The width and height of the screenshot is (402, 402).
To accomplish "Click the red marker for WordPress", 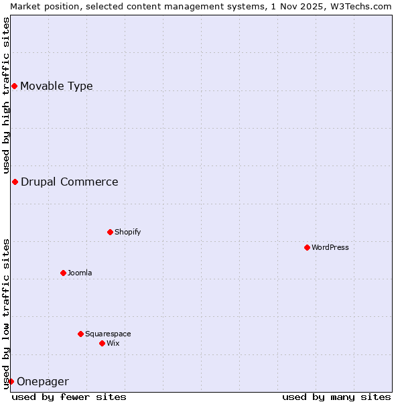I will pyautogui.click(x=307, y=247).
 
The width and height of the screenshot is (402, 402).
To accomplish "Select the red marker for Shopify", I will pyautogui.click(x=110, y=232).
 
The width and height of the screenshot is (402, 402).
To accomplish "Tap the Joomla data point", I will pyautogui.click(x=63, y=273).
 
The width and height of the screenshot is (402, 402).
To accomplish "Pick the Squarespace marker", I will pyautogui.click(x=80, y=334).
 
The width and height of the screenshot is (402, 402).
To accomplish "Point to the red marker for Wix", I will pyautogui.click(x=102, y=343).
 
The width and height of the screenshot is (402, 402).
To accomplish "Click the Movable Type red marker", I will pyautogui.click(x=14, y=86).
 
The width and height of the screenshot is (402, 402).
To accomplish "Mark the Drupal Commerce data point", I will pyautogui.click(x=15, y=182).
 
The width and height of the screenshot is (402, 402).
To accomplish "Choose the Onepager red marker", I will pyautogui.click(x=11, y=381).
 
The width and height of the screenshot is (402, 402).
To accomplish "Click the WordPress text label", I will pyautogui.click(x=330, y=247).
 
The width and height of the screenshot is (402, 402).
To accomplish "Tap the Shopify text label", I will pyautogui.click(x=127, y=232).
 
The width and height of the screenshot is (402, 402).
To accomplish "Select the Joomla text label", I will pyautogui.click(x=80, y=273).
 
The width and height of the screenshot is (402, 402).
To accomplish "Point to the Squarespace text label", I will pyautogui.click(x=108, y=334).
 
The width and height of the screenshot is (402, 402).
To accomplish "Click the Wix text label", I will pyautogui.click(x=113, y=343).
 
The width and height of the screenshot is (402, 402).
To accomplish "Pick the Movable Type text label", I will pyautogui.click(x=56, y=86).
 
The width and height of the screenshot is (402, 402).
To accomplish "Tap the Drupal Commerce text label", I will pyautogui.click(x=69, y=182).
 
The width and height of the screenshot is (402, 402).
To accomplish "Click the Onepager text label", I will pyautogui.click(x=42, y=382).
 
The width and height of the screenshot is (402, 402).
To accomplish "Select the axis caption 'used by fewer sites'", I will pyautogui.click(x=69, y=397).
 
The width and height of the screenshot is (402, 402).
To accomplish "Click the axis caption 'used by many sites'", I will pyautogui.click(x=336, y=397).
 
